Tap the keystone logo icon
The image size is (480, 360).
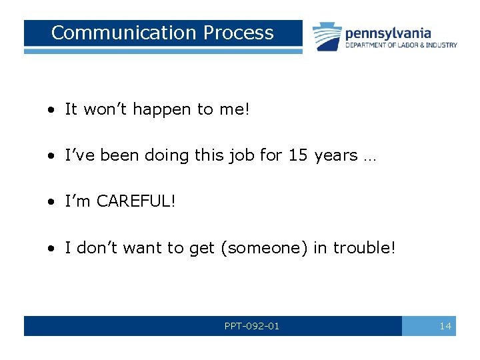[327, 36]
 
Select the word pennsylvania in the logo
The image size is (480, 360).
[387, 33]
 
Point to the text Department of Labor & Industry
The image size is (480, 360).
[401, 45]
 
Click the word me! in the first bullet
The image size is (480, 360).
[234, 109]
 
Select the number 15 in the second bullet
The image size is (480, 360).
[297, 155]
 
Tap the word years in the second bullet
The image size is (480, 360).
[335, 155]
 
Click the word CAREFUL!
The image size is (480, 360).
[137, 201]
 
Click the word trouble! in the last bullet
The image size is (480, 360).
[364, 247]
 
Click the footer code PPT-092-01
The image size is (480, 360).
[252, 326]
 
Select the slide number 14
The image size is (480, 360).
[445, 326]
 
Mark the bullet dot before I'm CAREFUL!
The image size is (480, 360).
[51, 202]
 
